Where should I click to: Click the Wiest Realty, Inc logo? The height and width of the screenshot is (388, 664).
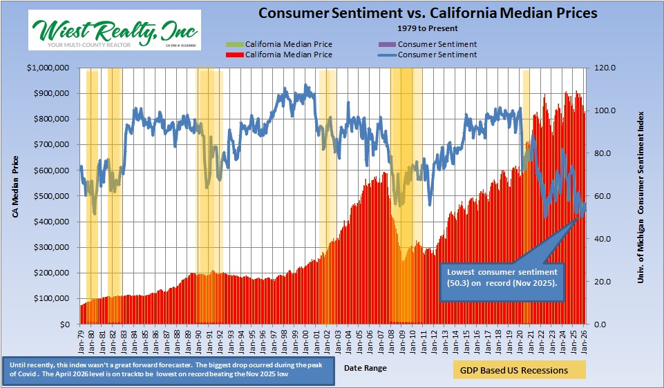coord(115,30)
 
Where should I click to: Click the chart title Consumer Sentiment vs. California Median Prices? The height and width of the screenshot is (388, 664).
coord(428,13)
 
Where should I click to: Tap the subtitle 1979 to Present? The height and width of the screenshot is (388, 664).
coord(427,28)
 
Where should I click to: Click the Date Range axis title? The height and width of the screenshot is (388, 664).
coord(366,368)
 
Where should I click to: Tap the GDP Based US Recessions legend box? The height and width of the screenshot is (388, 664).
coord(519,370)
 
